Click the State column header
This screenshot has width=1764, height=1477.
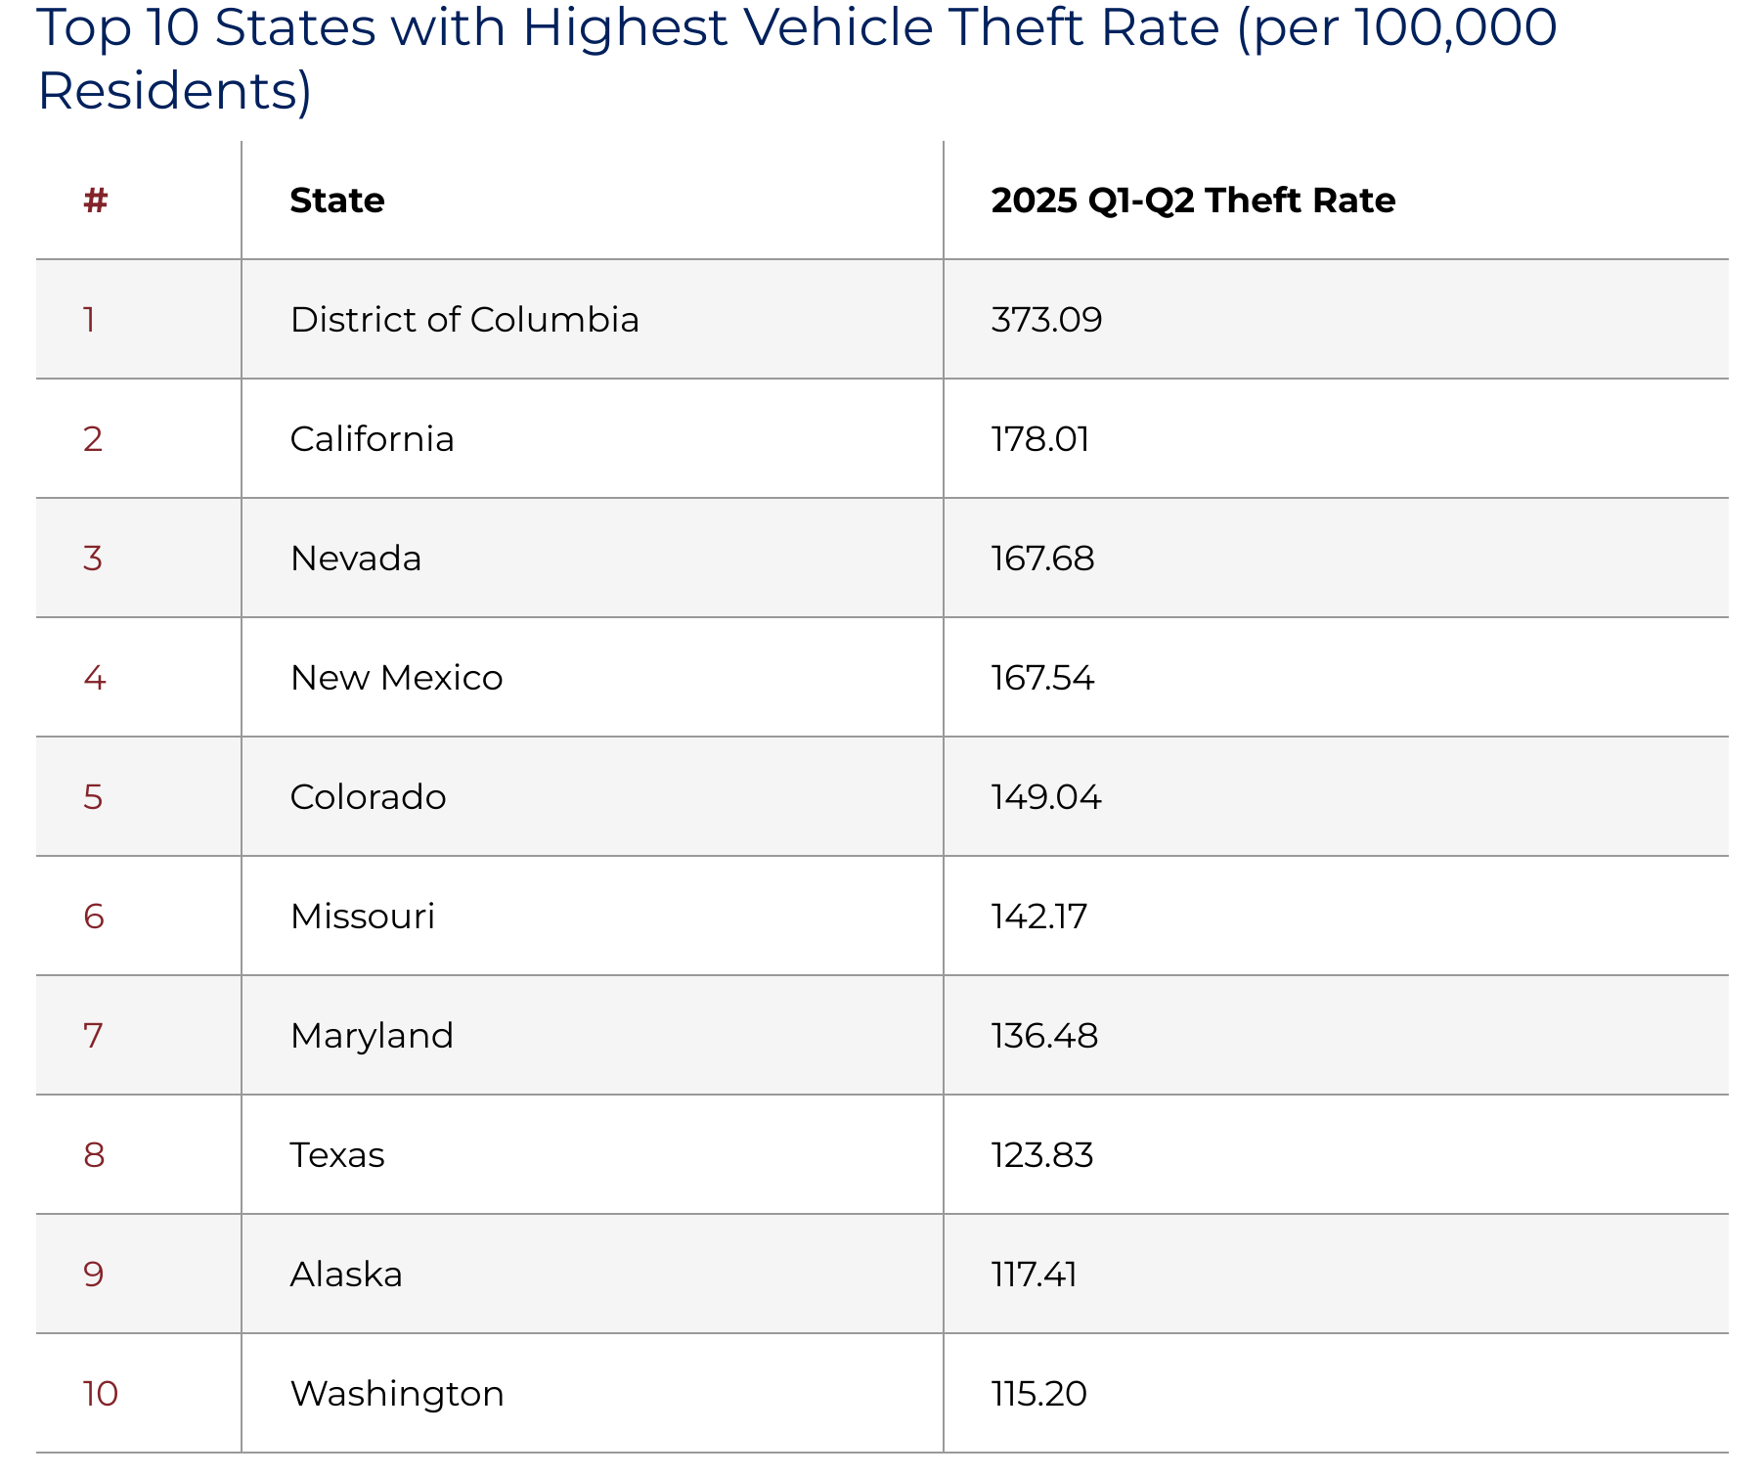click(337, 201)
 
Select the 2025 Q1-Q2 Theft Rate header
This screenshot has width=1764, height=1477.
click(1192, 201)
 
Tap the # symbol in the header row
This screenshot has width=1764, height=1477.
click(95, 201)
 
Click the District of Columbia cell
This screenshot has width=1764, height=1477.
click(464, 320)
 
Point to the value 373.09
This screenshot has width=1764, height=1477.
click(1046, 320)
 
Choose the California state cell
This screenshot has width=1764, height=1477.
click(372, 439)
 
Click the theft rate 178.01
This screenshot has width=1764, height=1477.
click(1040, 439)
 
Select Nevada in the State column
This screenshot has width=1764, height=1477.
click(356, 559)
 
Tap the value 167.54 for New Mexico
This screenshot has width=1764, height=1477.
click(1042, 678)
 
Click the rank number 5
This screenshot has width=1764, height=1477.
click(93, 797)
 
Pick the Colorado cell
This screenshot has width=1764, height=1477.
click(368, 797)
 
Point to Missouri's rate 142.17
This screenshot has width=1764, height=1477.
click(1038, 917)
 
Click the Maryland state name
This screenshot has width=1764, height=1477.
click(372, 1036)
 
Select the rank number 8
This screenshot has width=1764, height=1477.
click(94, 1155)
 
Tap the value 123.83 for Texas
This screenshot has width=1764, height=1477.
click(1042, 1155)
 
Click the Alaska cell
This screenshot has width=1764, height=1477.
click(346, 1275)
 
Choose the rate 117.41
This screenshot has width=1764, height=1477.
click(1034, 1275)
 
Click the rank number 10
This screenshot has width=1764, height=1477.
click(100, 1394)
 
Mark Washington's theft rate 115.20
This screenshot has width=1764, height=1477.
click(1038, 1394)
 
